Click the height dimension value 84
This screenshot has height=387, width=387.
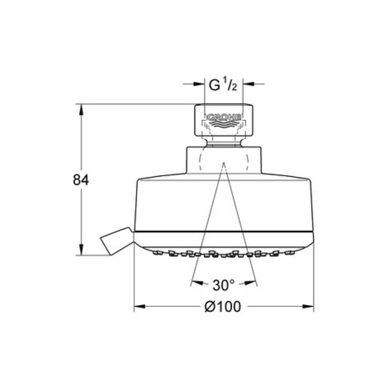pyautogui.click(x=81, y=180)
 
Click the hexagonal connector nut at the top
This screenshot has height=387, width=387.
pyautogui.click(x=224, y=120)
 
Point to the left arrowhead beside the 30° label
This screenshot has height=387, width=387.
pyautogui.click(x=195, y=285)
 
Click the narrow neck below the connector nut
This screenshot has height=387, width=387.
pyautogui.click(x=224, y=141)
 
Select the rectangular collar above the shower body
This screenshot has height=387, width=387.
pyautogui.click(x=224, y=160)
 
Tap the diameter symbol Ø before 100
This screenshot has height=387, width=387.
pyautogui.click(x=210, y=307)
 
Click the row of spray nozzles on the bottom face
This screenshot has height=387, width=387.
pyautogui.click(x=224, y=255)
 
